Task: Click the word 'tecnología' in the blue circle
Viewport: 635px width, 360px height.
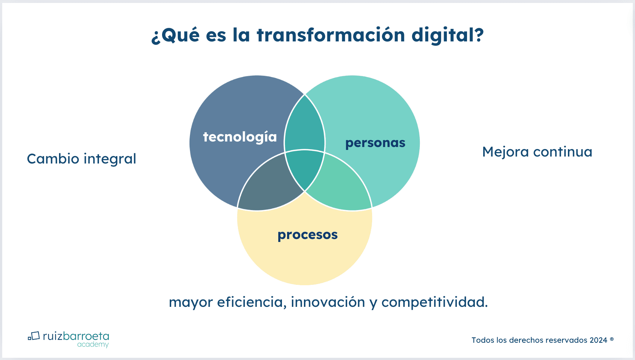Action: click(x=240, y=137)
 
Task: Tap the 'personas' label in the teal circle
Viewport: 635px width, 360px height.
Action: click(x=375, y=143)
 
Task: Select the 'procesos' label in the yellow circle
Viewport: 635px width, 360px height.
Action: click(x=308, y=235)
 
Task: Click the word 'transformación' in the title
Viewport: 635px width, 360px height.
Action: click(x=331, y=35)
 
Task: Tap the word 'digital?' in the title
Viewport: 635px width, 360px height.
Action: click(x=448, y=36)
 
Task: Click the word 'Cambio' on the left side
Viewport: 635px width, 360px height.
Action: click(x=53, y=159)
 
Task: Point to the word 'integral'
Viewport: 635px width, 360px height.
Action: click(x=110, y=159)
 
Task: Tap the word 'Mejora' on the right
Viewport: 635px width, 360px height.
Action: click(x=506, y=152)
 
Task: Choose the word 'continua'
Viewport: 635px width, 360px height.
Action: click(x=563, y=152)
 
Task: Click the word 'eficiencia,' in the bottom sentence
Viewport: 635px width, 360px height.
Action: click(x=252, y=302)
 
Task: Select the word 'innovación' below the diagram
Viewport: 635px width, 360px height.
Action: click(x=328, y=302)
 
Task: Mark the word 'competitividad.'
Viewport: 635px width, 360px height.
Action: click(x=435, y=302)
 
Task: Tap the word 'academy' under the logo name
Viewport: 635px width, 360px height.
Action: click(x=93, y=345)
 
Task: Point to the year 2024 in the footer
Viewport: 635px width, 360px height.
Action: click(x=598, y=340)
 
